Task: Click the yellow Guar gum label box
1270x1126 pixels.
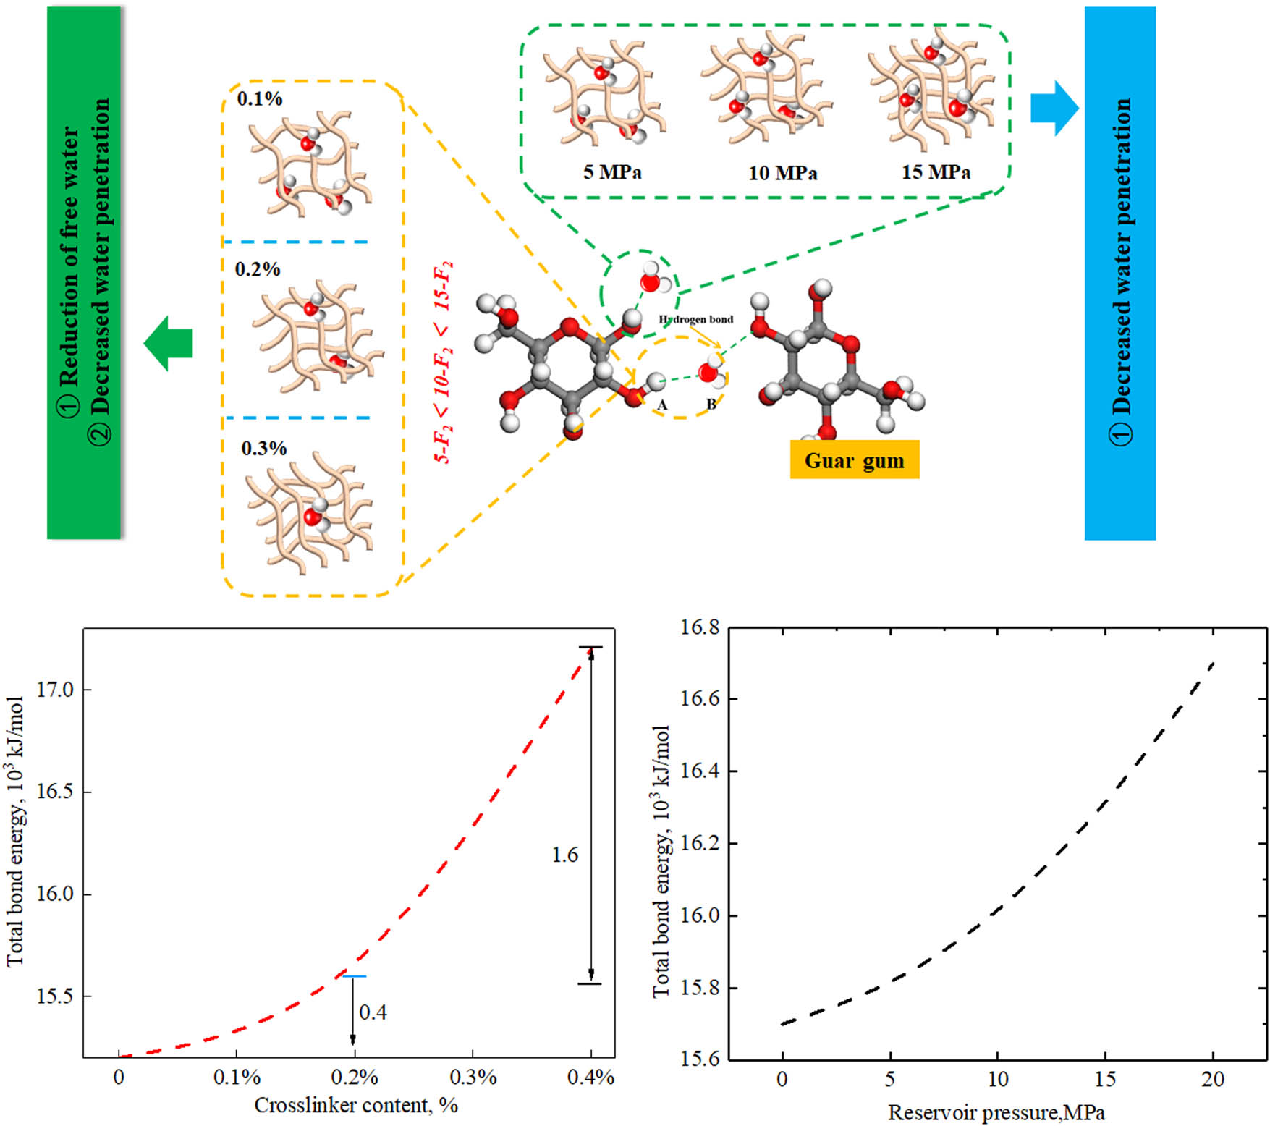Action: point(854,460)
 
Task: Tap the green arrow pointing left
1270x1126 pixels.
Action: point(168,343)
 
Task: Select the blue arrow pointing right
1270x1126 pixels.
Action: point(1054,108)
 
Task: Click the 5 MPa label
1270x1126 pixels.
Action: point(612,172)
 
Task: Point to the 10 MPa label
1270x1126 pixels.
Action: point(782,173)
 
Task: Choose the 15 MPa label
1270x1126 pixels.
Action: point(936,172)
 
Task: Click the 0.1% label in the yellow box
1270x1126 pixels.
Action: point(259,98)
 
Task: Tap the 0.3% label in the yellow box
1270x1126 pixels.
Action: point(263,449)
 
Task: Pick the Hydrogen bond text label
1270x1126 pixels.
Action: point(695,319)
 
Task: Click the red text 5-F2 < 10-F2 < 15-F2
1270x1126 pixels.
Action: point(444,362)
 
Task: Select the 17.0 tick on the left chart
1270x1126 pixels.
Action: point(55,690)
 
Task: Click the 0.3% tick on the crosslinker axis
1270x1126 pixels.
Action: point(473,1078)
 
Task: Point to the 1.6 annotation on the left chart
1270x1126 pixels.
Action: point(564,855)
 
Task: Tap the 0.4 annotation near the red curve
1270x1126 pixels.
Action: point(373,1012)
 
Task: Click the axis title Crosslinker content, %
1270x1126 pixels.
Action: point(355,1105)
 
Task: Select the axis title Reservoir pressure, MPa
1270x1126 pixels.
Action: point(996,1112)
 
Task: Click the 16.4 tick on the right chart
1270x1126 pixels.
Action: point(700,771)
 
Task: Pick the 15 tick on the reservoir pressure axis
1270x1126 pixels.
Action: point(1105,1080)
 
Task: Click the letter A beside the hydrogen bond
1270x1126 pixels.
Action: point(661,405)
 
